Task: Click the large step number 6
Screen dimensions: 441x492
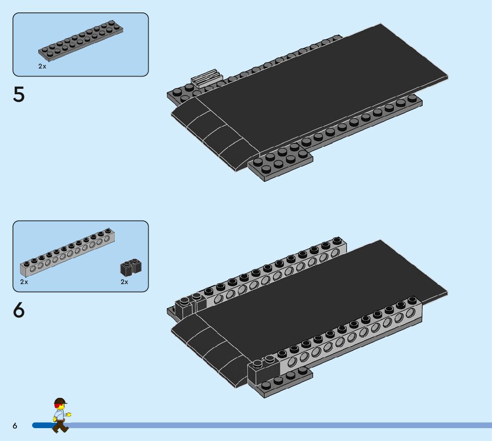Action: pos(19,310)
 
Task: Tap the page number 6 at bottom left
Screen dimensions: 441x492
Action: pos(15,426)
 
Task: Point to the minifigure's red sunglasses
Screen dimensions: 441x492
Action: pos(58,405)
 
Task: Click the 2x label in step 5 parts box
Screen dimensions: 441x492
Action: pos(42,66)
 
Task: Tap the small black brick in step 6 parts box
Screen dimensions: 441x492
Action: pos(131,267)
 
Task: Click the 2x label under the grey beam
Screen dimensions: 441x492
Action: pos(24,282)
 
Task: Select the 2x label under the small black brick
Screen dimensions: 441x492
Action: pos(125,282)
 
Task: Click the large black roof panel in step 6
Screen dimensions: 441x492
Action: pos(320,307)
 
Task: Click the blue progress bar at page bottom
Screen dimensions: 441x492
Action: pos(267,425)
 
